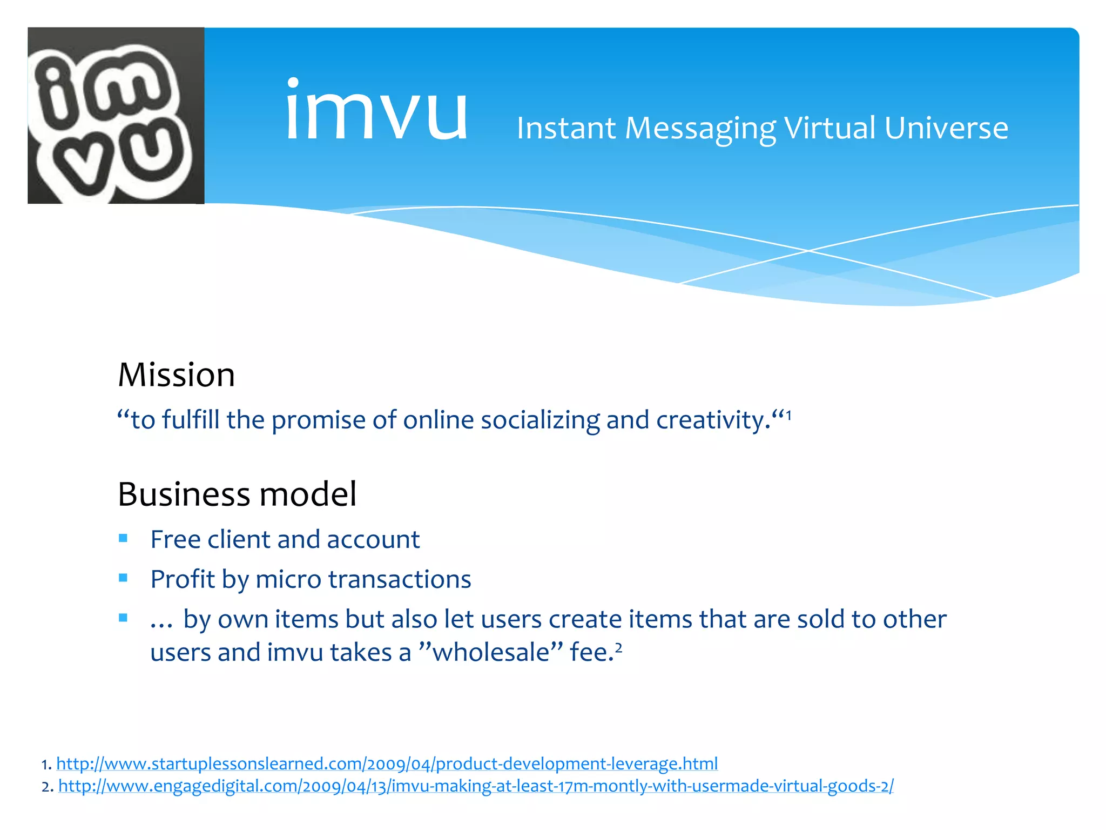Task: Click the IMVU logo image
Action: pos(116,116)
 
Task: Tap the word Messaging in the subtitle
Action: pos(700,129)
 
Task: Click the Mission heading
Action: pos(177,375)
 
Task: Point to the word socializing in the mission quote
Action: pos(539,420)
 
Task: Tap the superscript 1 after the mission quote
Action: pos(788,415)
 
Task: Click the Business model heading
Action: pos(237,494)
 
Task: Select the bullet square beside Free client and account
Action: pos(123,538)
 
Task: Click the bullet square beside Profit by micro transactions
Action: pos(123,578)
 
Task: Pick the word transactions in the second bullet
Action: pos(400,579)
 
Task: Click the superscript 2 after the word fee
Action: pos(619,647)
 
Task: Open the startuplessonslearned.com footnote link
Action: pos(387,764)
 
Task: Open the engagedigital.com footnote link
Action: pos(475,786)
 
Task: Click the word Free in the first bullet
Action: pos(175,539)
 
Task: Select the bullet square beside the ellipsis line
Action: pos(123,618)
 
